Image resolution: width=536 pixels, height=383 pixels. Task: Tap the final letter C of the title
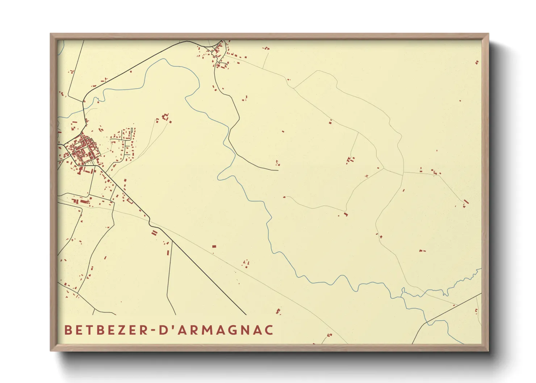(x=269, y=330)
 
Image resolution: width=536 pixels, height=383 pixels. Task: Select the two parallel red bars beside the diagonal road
(x=154, y=233)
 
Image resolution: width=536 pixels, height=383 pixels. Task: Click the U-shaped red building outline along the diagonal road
(x=130, y=201)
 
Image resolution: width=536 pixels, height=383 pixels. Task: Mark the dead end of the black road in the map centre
(x=278, y=170)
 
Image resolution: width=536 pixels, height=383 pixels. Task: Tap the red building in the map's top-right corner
(x=477, y=62)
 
